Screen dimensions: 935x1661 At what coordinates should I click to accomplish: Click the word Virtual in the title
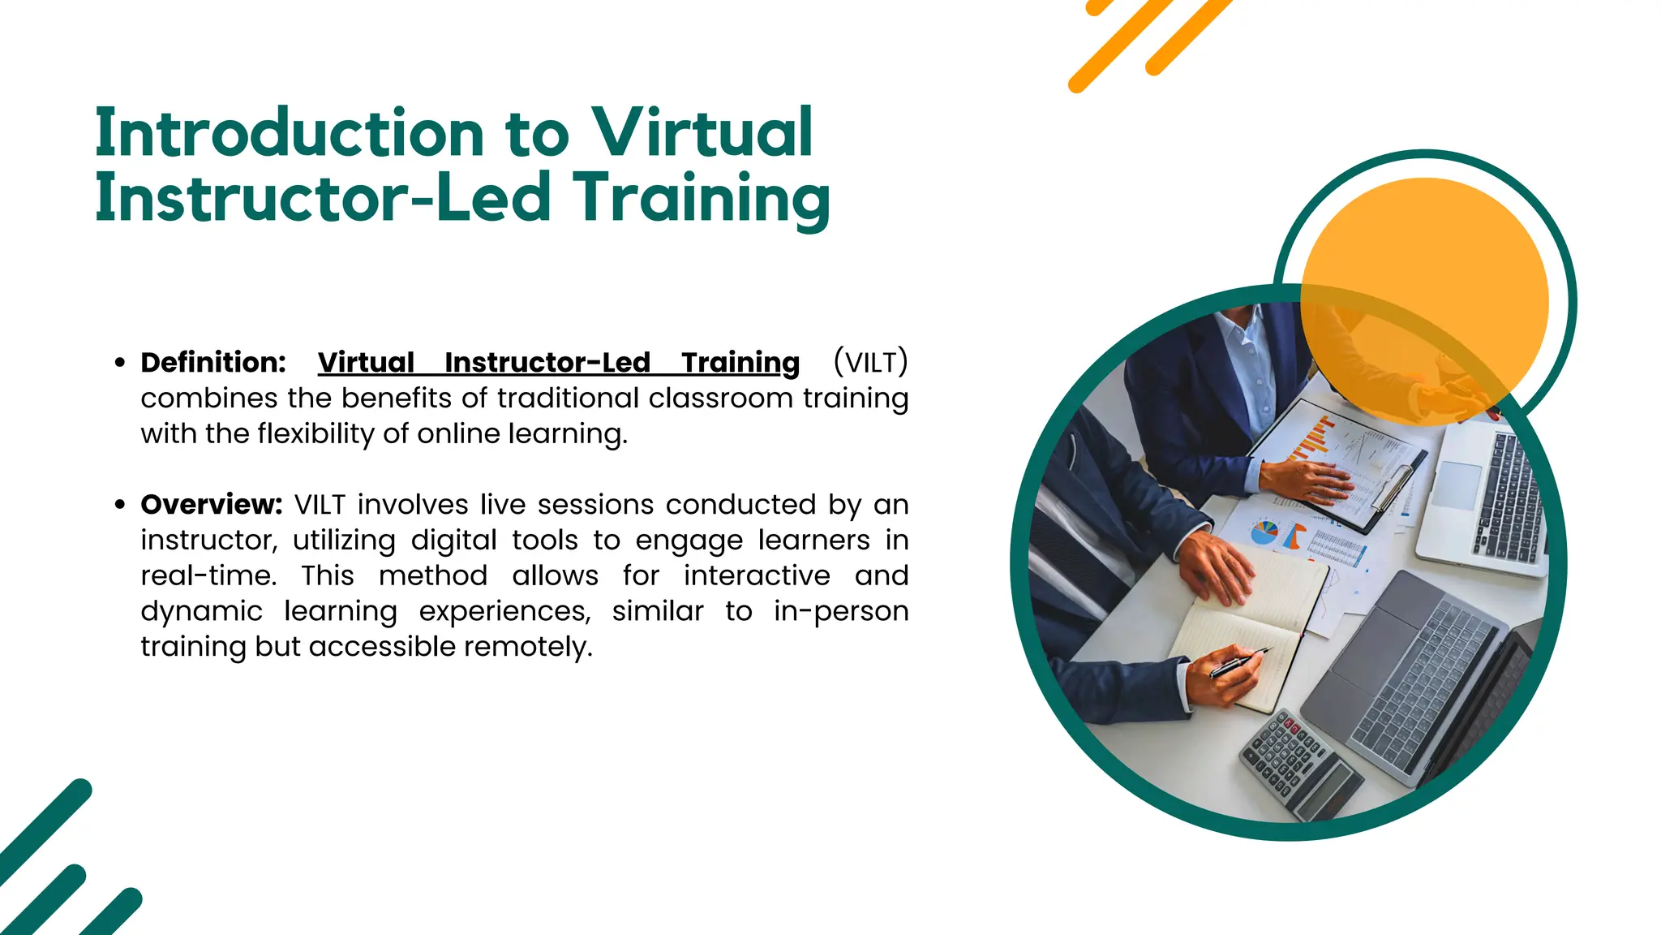(x=701, y=132)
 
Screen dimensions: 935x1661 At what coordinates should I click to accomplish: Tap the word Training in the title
(x=702, y=199)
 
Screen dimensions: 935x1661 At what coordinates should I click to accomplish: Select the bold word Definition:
(x=213, y=363)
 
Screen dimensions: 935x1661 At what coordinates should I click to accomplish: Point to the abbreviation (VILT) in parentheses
(x=870, y=362)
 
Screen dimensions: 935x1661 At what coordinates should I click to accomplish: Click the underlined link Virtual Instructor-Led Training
(x=558, y=363)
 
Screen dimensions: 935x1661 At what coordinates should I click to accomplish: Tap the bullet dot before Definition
(x=120, y=363)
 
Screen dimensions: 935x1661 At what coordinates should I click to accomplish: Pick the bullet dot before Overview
(x=120, y=505)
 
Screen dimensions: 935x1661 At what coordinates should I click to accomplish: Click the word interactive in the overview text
(x=757, y=576)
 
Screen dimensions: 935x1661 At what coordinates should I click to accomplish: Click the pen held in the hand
(x=1238, y=663)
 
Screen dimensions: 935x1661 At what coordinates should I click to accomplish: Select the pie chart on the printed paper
(x=1264, y=533)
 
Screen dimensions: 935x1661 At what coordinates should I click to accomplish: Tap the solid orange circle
(x=1425, y=301)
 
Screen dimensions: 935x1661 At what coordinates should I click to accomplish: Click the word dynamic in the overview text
(x=201, y=611)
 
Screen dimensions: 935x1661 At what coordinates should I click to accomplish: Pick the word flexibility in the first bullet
(x=315, y=434)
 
